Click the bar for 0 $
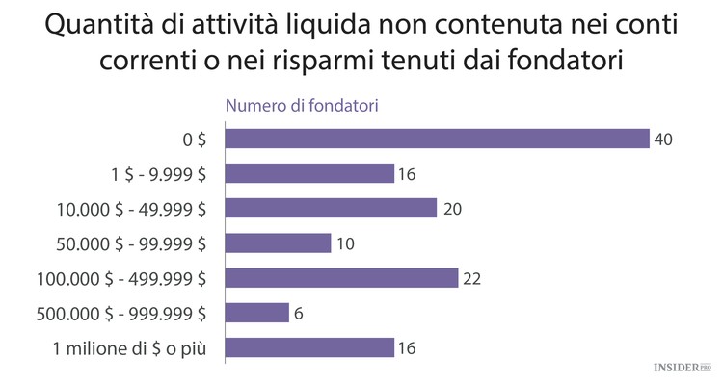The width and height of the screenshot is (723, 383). click(437, 139)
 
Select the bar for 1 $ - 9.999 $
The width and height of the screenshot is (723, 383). click(309, 173)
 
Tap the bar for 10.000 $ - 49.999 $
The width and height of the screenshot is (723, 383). click(331, 208)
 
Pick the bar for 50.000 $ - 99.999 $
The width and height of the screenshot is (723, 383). click(278, 243)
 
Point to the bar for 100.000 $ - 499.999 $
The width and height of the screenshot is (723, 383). click(341, 278)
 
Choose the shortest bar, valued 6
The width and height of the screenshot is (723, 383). click(256, 313)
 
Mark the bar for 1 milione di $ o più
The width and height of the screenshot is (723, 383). click(309, 347)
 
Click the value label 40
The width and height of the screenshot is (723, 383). click(662, 140)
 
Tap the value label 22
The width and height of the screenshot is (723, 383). click(471, 279)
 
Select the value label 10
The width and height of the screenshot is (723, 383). click(345, 243)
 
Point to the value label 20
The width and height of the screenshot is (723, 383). click(450, 209)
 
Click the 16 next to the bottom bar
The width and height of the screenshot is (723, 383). click(408, 348)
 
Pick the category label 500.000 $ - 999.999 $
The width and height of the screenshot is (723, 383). click(120, 313)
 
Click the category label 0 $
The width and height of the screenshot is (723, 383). click(195, 140)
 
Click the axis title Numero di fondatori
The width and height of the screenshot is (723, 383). click(301, 106)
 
